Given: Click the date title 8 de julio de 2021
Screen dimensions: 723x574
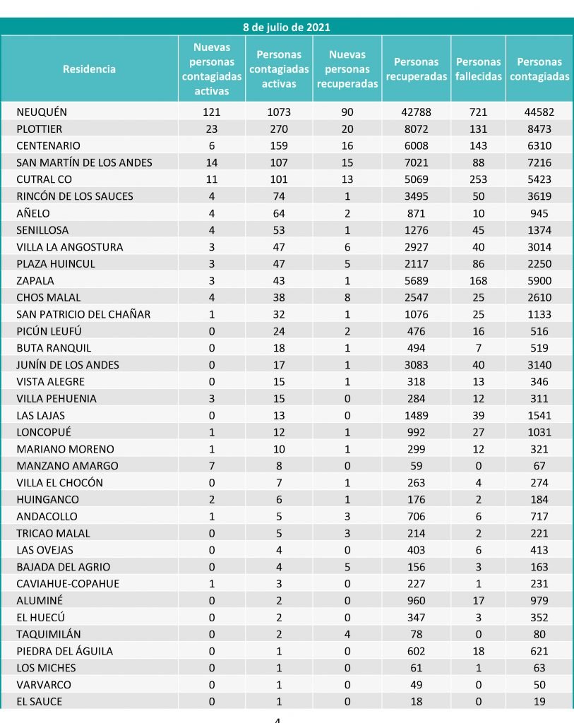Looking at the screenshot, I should [287, 28].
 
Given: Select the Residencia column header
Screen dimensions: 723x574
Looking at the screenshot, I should [89, 69].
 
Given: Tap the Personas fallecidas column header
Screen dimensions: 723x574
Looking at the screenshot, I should [478, 69].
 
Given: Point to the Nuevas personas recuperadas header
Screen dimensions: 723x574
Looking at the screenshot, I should [347, 69].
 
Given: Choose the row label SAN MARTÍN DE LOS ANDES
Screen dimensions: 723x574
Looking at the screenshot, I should [84, 162].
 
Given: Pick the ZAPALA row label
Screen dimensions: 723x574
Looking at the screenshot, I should [35, 280].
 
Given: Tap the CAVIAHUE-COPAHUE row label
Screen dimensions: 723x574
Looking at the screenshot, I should [68, 584].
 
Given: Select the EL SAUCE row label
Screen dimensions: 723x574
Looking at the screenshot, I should [40, 702].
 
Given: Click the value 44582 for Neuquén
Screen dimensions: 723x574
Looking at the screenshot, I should [539, 112].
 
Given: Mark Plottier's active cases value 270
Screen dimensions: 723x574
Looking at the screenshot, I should [279, 129].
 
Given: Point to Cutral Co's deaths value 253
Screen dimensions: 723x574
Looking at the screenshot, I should [478, 179].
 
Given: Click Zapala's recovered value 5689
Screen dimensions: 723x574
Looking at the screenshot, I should [417, 280].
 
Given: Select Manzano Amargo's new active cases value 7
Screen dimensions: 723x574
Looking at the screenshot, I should [211, 466].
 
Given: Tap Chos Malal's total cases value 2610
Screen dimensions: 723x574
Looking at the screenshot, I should [539, 297].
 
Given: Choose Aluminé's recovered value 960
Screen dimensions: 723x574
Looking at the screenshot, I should [417, 601].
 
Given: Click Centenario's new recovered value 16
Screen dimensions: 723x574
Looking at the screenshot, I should [347, 145].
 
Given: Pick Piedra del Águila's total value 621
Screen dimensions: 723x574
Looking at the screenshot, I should [539, 651].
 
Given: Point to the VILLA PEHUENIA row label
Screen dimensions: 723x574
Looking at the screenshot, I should [56, 398].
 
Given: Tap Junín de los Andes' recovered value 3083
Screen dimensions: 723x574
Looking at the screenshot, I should [417, 365].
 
